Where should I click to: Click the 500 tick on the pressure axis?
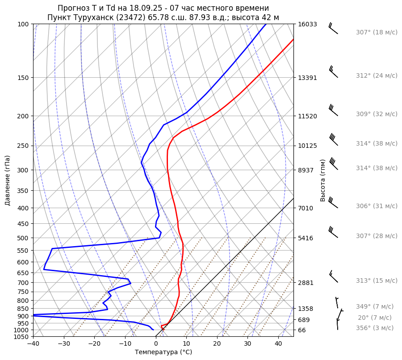(23, 238)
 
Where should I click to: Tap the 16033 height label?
(307, 24)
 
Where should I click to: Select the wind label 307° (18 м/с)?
(376, 33)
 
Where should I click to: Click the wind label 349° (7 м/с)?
(374, 307)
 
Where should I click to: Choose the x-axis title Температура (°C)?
(163, 352)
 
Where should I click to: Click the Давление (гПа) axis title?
(8, 180)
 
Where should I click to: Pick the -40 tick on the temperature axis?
(33, 344)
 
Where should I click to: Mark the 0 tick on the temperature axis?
(156, 344)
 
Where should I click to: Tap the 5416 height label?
(306, 238)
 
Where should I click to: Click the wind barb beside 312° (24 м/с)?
(333, 71)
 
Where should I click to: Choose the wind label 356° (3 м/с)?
(374, 328)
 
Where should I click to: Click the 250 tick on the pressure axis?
(23, 146)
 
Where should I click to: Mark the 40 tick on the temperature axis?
(278, 344)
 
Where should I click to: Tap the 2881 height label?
(306, 283)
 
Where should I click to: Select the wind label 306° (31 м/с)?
(376, 206)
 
